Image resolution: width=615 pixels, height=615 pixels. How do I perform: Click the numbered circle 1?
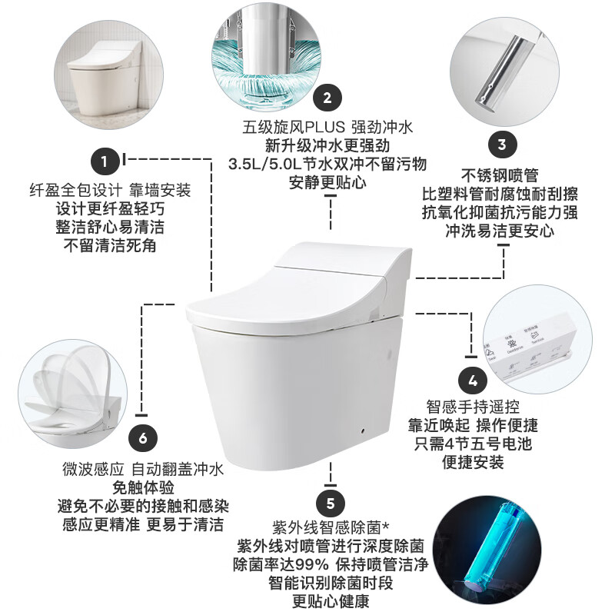pyautogui.click(x=105, y=161)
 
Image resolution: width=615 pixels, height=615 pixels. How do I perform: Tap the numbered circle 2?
pyautogui.click(x=327, y=98)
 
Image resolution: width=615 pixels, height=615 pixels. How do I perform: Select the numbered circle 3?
pyautogui.click(x=501, y=144)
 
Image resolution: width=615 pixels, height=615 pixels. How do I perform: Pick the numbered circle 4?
pyautogui.click(x=473, y=380)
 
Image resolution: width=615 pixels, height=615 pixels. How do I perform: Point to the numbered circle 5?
pyautogui.click(x=331, y=504)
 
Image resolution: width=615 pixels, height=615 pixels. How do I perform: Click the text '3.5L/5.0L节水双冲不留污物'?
pyautogui.click(x=327, y=163)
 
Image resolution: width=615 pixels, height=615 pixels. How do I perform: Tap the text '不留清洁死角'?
pyautogui.click(x=109, y=246)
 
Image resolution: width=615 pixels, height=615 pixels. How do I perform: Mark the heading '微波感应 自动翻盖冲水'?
pyautogui.click(x=143, y=469)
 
